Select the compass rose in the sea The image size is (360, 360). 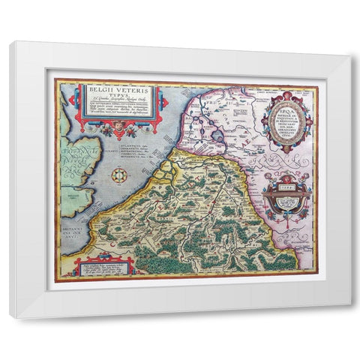click(x=118, y=177)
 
